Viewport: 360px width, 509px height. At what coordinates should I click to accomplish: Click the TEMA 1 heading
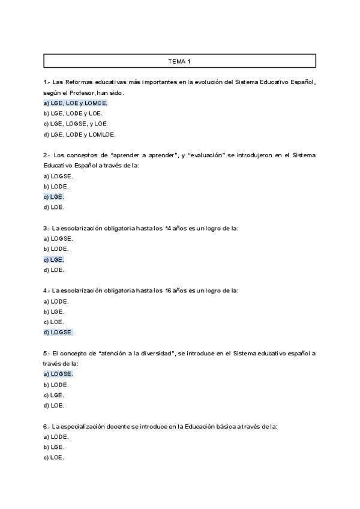pyautogui.click(x=179, y=61)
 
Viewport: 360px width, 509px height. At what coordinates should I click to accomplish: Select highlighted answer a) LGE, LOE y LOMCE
pyautogui.click(x=75, y=103)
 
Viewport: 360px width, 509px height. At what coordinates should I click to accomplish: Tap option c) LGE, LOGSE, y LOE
pyautogui.click(x=76, y=124)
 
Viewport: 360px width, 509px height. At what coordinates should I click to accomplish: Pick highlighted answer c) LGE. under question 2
pyautogui.click(x=54, y=197)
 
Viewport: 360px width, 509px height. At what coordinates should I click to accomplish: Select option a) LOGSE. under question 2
pyautogui.click(x=58, y=176)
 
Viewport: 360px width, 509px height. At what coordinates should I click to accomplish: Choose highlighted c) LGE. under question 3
pyautogui.click(x=54, y=259)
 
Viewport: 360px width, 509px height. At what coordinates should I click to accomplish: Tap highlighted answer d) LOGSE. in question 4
pyautogui.click(x=58, y=332)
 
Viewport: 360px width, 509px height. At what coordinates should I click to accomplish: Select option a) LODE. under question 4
pyautogui.click(x=56, y=301)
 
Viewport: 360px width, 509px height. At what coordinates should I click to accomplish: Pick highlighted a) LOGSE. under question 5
pyautogui.click(x=58, y=374)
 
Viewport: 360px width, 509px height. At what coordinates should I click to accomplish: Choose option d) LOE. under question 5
pyautogui.click(x=54, y=405)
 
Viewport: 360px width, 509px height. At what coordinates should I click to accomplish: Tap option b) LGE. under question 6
pyautogui.click(x=54, y=447)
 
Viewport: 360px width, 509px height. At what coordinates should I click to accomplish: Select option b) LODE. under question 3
pyautogui.click(x=56, y=249)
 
